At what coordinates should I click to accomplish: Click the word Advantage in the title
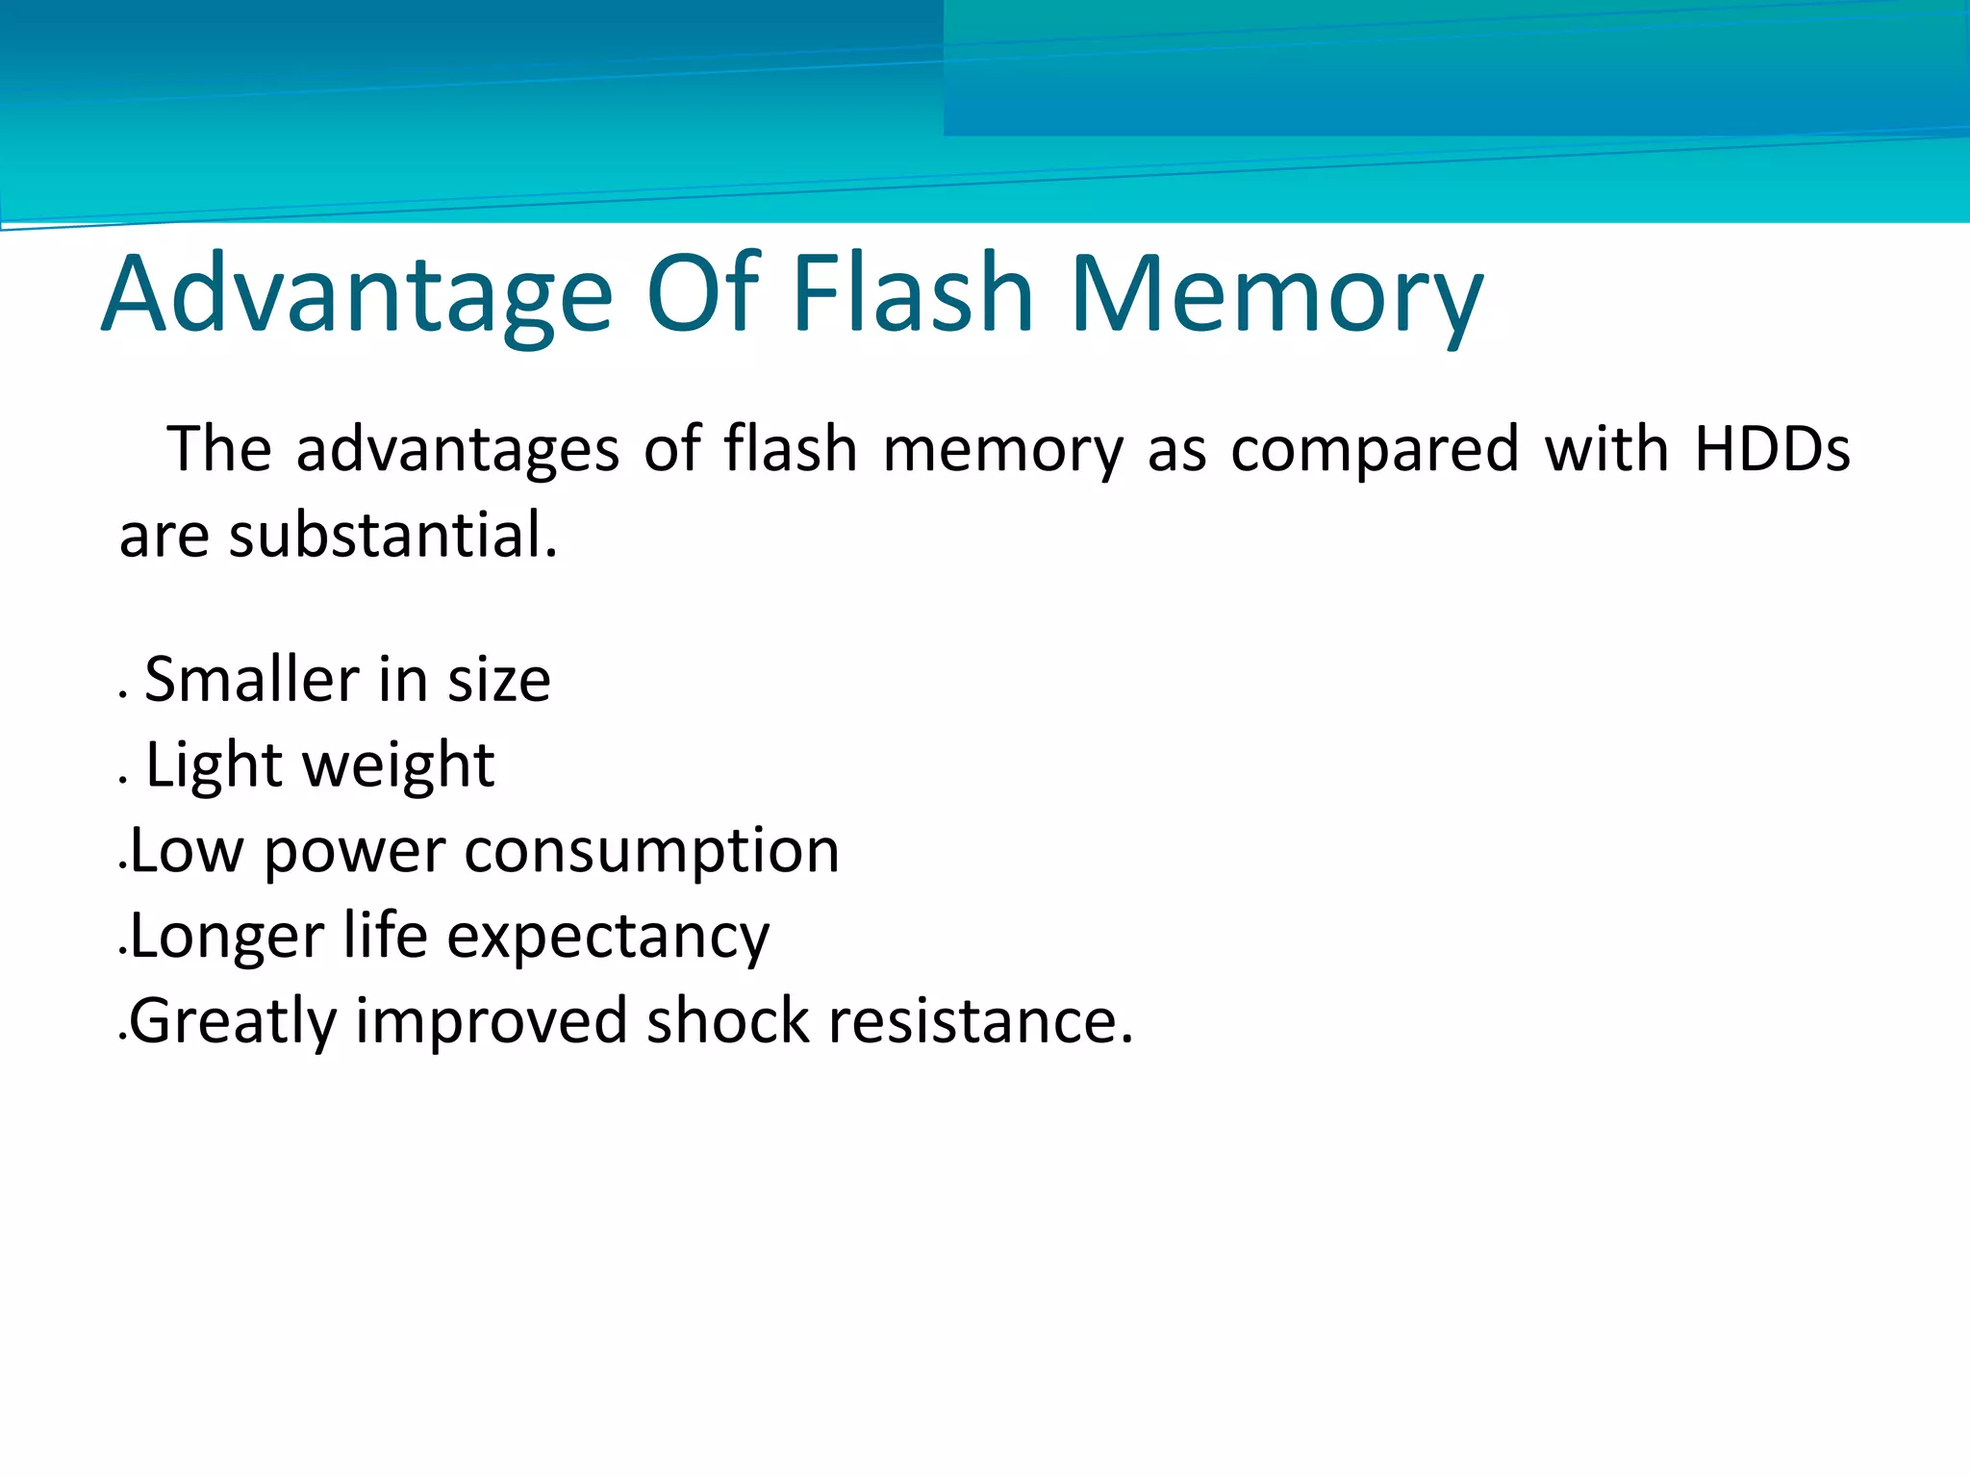click(356, 294)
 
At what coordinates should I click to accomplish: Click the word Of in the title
click(703, 292)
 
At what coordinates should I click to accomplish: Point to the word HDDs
click(1771, 449)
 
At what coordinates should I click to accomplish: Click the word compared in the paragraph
click(1376, 451)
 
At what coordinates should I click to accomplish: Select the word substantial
click(392, 536)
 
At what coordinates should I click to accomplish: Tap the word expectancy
click(608, 938)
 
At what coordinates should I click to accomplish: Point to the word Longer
click(226, 938)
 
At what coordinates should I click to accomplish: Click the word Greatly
click(232, 1022)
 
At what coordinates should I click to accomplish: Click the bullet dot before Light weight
click(123, 780)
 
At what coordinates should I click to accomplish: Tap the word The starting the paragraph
click(219, 449)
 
